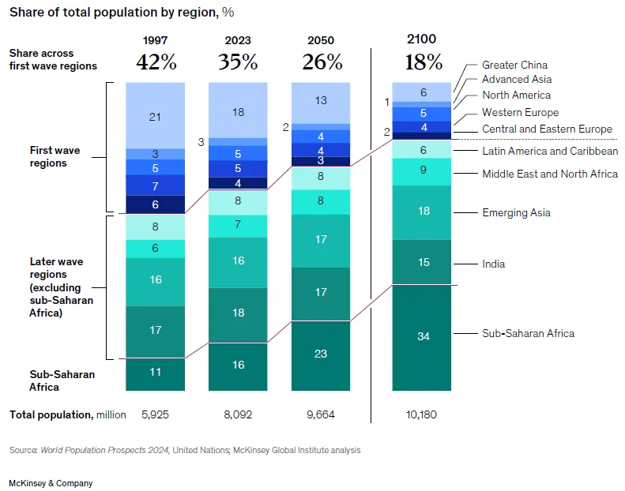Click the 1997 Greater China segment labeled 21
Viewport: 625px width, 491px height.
(x=155, y=117)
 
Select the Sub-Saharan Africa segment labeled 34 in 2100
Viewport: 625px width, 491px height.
(x=424, y=337)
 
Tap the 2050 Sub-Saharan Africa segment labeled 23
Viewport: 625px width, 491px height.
(x=321, y=354)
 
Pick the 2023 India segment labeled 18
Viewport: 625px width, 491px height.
(x=238, y=313)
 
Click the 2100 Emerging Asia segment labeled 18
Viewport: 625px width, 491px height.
(x=424, y=212)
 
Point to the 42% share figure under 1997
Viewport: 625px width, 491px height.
(x=156, y=62)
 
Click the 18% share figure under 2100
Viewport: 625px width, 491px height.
(x=424, y=62)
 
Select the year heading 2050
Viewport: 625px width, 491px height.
(x=321, y=40)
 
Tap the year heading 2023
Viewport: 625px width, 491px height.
(x=238, y=40)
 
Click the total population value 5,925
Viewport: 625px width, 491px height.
(x=155, y=414)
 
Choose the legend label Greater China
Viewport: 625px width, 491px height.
(x=514, y=65)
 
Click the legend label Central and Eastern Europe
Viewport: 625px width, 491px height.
(x=547, y=129)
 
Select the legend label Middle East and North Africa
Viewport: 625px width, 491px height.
(x=550, y=174)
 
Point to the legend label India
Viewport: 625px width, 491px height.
(x=493, y=264)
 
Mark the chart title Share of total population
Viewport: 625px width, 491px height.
(x=122, y=13)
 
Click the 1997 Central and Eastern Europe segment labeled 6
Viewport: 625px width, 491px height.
(x=155, y=204)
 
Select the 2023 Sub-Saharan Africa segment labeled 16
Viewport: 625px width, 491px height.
(x=238, y=365)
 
